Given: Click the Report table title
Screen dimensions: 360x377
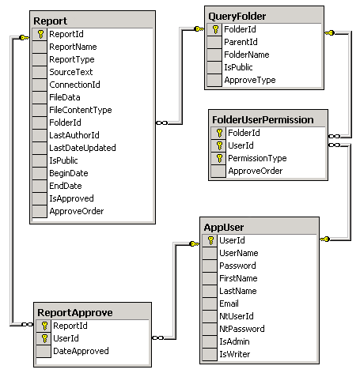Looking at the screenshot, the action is [51, 21].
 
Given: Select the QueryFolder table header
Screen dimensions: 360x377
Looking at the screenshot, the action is [237, 17].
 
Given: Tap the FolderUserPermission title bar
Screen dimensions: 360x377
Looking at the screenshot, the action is [263, 120].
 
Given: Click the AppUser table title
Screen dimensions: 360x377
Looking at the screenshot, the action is [224, 228].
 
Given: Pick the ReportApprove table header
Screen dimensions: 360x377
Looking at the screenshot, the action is [75, 313].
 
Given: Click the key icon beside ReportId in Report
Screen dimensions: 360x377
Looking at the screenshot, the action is [40, 34].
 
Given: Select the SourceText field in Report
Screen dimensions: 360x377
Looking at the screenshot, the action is [71, 72].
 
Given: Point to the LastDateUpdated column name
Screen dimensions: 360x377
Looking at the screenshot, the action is [82, 148].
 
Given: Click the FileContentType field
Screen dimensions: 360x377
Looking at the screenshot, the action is [81, 110].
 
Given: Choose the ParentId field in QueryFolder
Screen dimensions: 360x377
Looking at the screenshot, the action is [241, 42].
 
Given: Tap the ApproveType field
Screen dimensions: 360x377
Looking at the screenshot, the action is [250, 80].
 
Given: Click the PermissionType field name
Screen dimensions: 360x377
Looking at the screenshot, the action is [257, 158].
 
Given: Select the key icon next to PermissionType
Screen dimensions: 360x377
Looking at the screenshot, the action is [219, 158].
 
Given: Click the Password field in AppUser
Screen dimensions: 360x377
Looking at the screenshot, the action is [237, 266].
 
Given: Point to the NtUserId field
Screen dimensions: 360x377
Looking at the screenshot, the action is [237, 316].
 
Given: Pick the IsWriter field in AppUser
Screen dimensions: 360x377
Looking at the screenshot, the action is [235, 354].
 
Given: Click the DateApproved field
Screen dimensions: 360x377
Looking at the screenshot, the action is [81, 351].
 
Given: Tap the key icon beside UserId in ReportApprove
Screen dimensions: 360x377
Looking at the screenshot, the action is [44, 338].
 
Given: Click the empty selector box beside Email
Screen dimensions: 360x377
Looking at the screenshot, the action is [210, 303].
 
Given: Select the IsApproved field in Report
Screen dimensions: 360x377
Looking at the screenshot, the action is [71, 198].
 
